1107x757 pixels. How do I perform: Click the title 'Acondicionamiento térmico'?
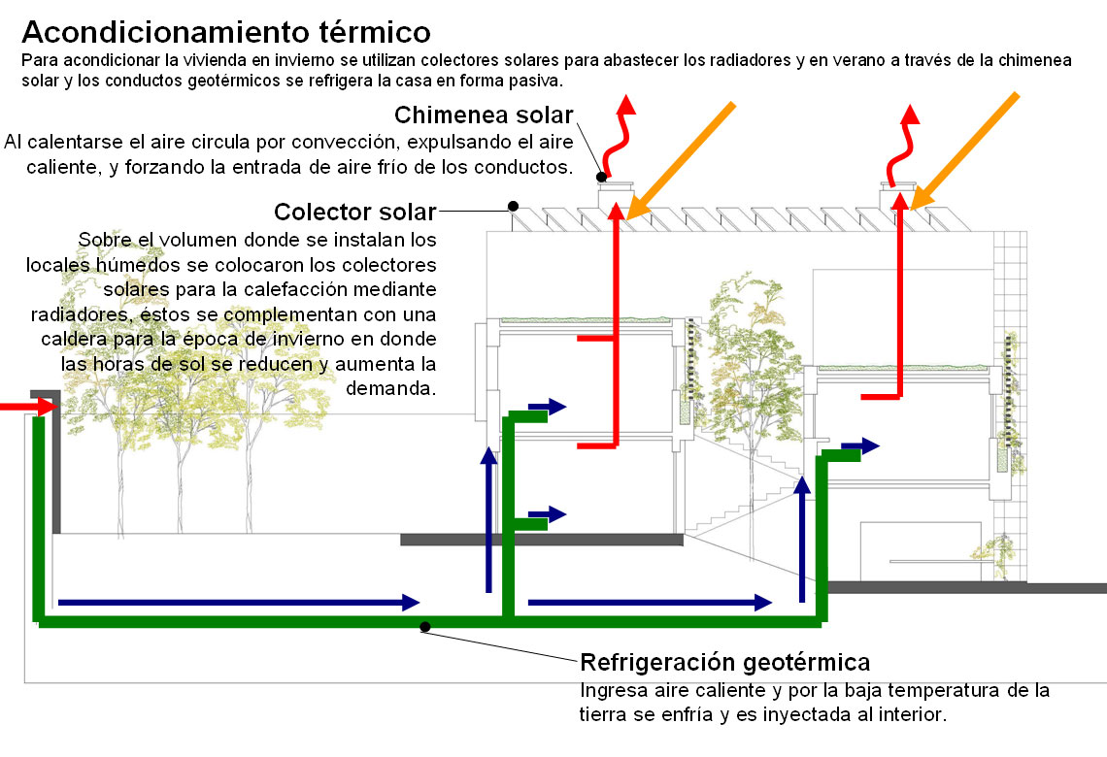click(x=226, y=32)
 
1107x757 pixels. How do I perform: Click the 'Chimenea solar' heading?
click(x=484, y=115)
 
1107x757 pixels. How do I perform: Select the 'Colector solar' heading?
click(x=355, y=212)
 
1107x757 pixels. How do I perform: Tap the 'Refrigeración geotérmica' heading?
click(x=725, y=663)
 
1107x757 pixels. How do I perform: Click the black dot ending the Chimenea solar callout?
click(x=601, y=177)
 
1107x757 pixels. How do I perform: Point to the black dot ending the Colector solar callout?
click(x=514, y=206)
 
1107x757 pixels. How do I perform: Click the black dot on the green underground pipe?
click(x=425, y=627)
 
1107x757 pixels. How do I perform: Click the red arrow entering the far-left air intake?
click(x=28, y=407)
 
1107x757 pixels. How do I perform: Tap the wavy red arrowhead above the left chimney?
click(x=625, y=105)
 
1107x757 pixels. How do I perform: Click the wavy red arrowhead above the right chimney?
click(x=911, y=115)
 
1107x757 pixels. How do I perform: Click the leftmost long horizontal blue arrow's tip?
click(x=412, y=603)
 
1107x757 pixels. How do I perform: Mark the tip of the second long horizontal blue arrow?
click(x=763, y=603)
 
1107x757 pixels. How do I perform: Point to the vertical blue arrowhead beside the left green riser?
click(x=488, y=455)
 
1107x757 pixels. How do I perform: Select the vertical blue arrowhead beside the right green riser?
click(x=802, y=484)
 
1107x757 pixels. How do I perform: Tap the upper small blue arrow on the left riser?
click(x=547, y=407)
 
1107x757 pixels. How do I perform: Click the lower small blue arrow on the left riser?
click(x=547, y=514)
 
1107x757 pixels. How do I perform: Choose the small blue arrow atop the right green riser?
click(x=860, y=445)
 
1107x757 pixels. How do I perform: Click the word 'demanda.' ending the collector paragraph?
click(x=390, y=389)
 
